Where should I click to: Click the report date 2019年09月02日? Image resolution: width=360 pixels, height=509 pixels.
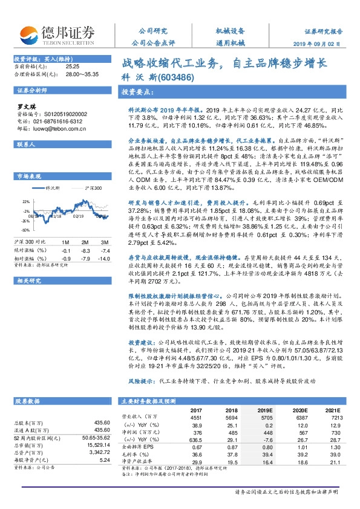326,44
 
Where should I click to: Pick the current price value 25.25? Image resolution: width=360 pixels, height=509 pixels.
73,65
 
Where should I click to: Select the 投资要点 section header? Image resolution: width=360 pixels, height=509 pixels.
136,93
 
